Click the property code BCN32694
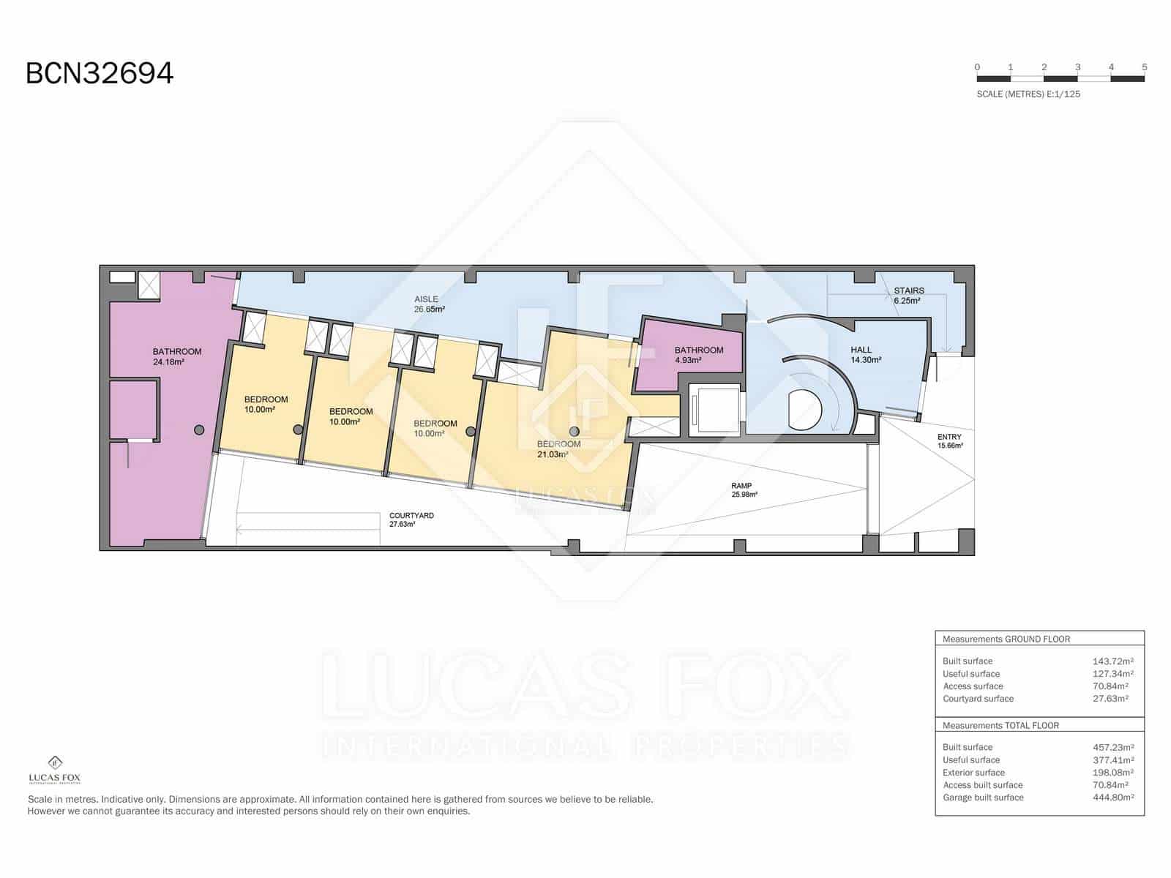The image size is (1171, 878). (x=100, y=73)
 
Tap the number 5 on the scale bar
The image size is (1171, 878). (x=1144, y=67)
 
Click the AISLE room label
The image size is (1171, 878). (x=429, y=304)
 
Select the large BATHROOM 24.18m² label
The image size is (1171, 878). (x=176, y=356)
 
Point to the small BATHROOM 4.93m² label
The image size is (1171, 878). (x=698, y=355)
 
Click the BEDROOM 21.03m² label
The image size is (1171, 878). (x=558, y=449)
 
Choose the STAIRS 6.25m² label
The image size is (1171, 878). (x=908, y=295)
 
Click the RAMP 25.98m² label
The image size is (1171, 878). (x=743, y=490)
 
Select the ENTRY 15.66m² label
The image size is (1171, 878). (x=949, y=441)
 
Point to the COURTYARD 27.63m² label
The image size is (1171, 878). (x=411, y=519)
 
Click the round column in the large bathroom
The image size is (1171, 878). (x=199, y=430)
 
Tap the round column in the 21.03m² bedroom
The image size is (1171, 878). (x=575, y=431)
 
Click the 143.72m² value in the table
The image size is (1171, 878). (x=1112, y=661)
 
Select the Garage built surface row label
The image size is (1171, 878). (x=982, y=798)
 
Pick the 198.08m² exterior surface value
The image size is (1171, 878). (x=1112, y=773)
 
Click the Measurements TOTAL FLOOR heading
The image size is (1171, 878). (x=1000, y=725)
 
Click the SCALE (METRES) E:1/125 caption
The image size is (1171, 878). (x=1028, y=94)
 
